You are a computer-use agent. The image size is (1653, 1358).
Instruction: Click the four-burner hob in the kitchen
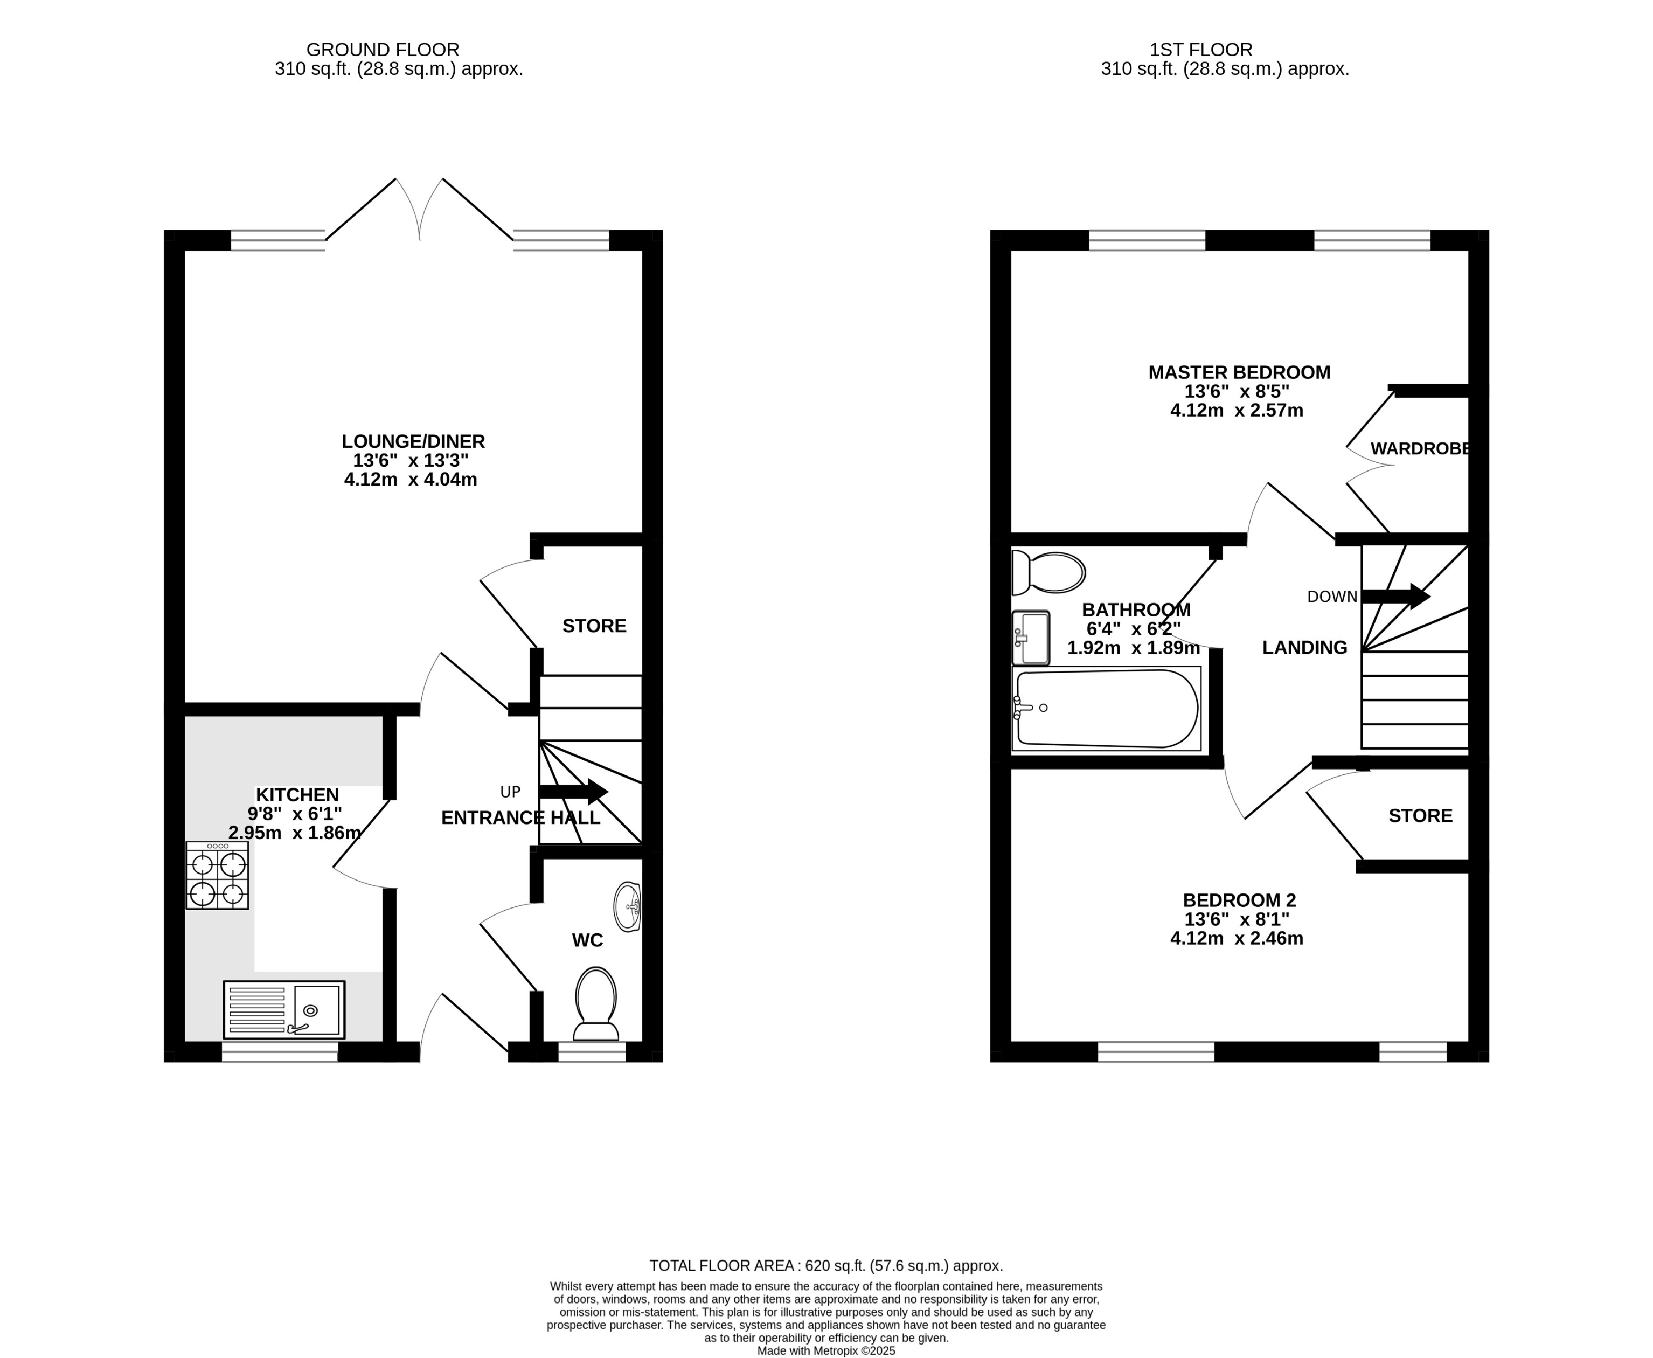[217, 875]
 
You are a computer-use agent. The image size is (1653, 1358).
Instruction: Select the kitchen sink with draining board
[284, 1009]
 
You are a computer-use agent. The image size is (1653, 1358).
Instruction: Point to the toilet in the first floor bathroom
[1048, 573]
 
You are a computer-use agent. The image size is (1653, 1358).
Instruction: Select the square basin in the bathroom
[1031, 638]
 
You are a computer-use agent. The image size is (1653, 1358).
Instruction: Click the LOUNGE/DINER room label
[413, 441]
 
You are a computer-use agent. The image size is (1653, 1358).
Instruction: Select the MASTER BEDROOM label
[1239, 372]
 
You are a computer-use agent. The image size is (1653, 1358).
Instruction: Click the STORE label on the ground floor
[594, 626]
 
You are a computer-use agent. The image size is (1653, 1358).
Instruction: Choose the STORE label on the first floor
[1420, 816]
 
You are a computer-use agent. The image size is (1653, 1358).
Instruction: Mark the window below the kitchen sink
[280, 1051]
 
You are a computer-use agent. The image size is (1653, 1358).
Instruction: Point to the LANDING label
[1304, 648]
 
